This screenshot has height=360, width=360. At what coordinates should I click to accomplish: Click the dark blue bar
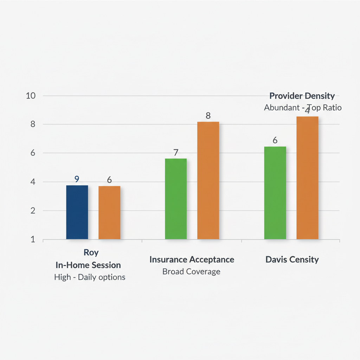77,212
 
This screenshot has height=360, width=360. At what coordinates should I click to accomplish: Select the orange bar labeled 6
109,213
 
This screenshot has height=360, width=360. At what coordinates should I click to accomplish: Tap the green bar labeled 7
176,199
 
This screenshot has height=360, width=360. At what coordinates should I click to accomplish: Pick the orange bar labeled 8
208,181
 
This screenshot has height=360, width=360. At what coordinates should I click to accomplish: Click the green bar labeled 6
275,193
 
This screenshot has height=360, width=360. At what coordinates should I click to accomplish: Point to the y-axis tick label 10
31,96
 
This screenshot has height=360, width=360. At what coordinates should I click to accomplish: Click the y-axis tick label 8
33,124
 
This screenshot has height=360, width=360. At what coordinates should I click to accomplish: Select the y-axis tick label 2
33,211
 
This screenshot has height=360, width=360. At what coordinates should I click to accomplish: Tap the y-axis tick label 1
33,240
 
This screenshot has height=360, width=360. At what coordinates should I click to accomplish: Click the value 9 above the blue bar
77,179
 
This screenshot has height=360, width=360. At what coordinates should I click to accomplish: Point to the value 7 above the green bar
176,153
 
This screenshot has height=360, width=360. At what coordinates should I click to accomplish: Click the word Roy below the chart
91,252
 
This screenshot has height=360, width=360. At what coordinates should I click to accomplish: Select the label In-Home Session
88,265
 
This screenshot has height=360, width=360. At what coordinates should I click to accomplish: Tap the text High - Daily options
90,277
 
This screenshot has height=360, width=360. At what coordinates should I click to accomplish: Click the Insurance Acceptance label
192,259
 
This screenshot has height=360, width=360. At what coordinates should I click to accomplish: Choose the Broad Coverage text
191,272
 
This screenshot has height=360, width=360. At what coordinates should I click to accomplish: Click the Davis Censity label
292,260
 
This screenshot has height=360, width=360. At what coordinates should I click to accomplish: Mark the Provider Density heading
302,96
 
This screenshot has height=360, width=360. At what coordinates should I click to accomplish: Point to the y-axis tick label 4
33,182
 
